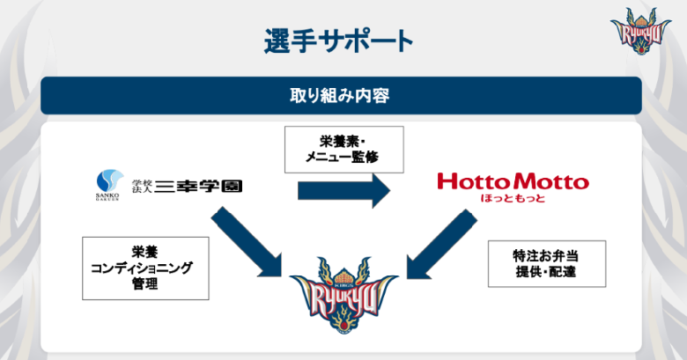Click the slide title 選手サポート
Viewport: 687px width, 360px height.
tap(338, 42)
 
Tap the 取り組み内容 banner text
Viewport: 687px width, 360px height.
tap(340, 95)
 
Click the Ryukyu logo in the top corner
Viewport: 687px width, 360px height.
tap(641, 31)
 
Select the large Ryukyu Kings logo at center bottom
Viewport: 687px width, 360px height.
tap(343, 295)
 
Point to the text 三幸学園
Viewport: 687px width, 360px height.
tap(198, 187)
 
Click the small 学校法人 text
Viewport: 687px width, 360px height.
tap(142, 187)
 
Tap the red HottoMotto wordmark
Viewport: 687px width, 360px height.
tap(513, 181)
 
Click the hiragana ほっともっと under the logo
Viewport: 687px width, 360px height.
tap(513, 198)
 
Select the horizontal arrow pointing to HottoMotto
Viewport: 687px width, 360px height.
tap(343, 190)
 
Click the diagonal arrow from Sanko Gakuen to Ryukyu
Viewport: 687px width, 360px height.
tap(247, 242)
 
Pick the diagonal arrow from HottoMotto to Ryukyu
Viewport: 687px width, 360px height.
tap(441, 244)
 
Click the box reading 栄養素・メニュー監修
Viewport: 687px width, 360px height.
tap(343, 150)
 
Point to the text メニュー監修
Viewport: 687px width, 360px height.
tap(342, 157)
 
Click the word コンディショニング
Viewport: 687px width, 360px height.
tap(142, 268)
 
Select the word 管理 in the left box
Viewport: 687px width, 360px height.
tap(145, 283)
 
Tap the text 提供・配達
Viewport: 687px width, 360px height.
tap(545, 271)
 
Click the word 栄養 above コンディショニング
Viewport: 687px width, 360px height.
tap(145, 252)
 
